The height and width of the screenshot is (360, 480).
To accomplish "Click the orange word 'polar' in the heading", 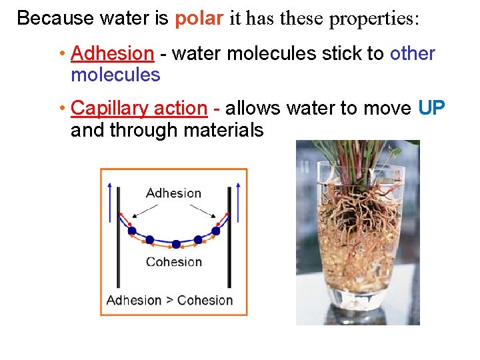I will (x=199, y=18).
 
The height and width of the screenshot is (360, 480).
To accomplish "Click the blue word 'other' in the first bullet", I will (x=413, y=53).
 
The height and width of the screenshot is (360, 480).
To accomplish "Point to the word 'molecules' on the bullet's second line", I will (x=115, y=75).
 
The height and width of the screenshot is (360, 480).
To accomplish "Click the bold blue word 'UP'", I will (x=432, y=108).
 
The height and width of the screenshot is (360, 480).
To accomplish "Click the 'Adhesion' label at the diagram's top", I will (x=173, y=193).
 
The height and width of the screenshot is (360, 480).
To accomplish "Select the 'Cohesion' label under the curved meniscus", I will (x=173, y=262).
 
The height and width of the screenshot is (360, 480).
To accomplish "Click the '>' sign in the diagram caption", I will (x=170, y=301).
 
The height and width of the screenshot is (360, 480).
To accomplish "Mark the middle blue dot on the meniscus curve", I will (x=175, y=244).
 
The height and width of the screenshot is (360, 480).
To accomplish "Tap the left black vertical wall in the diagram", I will (x=119, y=240).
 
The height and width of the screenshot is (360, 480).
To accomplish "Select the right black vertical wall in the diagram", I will (x=229, y=240).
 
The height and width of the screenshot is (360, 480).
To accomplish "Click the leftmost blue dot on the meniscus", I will (x=132, y=231).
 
